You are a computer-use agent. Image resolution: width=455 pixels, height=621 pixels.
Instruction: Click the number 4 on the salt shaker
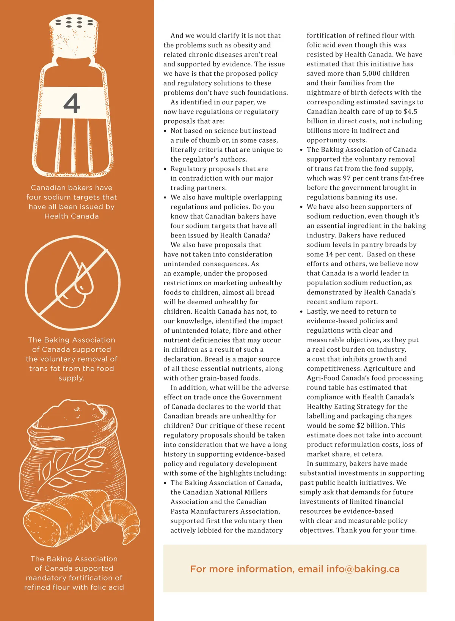click(x=72, y=103)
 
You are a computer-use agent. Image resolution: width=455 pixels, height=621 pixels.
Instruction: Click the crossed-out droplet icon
click(x=72, y=283)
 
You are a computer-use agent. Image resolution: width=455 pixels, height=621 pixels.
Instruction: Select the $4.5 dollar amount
click(x=410, y=112)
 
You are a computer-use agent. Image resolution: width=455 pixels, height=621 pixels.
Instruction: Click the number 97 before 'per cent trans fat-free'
click(x=347, y=178)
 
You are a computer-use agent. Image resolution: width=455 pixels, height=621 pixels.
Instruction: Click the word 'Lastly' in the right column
click(x=317, y=311)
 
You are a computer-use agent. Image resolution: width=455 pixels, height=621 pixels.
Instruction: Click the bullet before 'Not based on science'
click(x=165, y=131)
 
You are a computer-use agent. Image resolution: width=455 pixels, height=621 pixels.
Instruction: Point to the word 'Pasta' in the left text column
click(x=179, y=511)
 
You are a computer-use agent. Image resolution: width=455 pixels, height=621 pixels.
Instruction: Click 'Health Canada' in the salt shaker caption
click(x=72, y=216)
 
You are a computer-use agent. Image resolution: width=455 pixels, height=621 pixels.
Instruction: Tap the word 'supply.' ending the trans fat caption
click(x=72, y=378)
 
